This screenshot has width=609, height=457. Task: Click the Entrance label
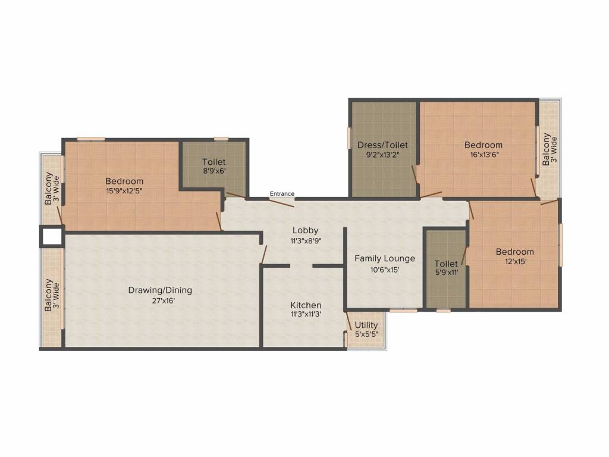click(282, 193)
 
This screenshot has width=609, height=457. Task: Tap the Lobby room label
click(305, 230)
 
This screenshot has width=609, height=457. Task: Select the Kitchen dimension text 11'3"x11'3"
click(306, 314)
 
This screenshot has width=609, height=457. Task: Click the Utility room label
click(366, 325)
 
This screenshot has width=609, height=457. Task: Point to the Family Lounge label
click(385, 258)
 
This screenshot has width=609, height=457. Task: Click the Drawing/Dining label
click(160, 290)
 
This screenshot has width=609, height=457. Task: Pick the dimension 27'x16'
click(160, 301)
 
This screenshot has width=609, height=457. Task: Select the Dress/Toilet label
click(382, 145)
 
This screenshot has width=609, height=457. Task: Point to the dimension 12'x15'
click(514, 261)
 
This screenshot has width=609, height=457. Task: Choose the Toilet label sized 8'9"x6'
click(214, 162)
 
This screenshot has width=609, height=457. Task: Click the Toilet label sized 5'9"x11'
click(446, 264)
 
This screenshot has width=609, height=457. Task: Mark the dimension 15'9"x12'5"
click(124, 191)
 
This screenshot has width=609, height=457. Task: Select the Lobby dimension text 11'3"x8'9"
click(305, 240)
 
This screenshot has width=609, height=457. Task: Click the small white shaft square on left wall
click(52, 236)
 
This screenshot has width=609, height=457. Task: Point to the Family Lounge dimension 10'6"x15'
click(385, 269)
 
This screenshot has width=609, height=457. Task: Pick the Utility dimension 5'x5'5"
click(366, 335)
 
